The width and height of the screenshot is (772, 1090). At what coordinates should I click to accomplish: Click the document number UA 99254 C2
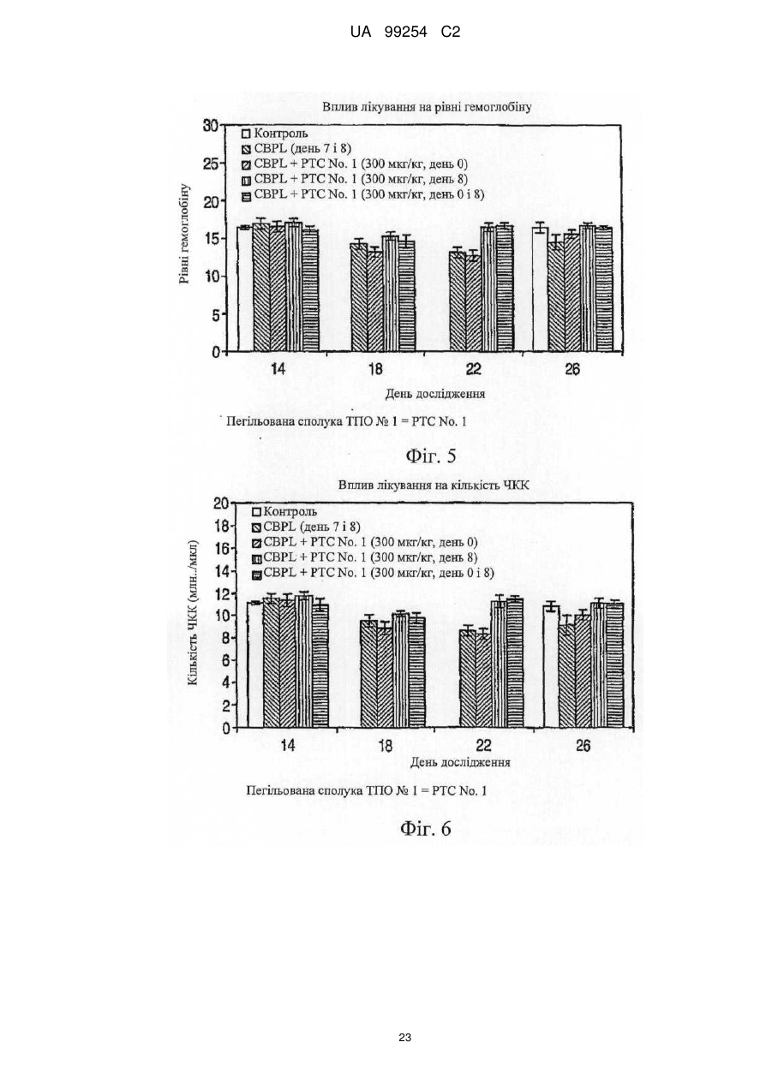(405, 33)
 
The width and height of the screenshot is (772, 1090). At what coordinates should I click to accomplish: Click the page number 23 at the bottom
(404, 1038)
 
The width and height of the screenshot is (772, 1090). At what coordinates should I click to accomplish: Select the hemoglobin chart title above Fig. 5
(427, 107)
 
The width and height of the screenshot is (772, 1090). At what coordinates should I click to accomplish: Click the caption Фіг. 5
(431, 456)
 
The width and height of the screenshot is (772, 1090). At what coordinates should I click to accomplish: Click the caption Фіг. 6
(426, 829)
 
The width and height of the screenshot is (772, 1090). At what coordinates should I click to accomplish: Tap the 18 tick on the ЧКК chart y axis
(222, 526)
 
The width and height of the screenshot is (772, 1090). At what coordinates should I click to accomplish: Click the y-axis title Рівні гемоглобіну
(184, 234)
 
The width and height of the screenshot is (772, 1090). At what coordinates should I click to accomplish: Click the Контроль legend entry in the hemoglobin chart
(275, 133)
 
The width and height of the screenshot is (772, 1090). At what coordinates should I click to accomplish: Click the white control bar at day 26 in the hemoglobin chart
(540, 289)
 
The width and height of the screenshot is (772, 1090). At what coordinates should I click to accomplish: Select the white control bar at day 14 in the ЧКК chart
(254, 665)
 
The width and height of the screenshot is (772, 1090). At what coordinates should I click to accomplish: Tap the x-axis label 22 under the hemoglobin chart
(473, 369)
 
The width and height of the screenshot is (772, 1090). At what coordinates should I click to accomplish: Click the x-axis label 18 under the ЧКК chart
(385, 746)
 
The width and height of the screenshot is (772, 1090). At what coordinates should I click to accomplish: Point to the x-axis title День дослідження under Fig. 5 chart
(435, 394)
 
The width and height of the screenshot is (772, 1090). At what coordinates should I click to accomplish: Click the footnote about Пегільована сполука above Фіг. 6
(366, 790)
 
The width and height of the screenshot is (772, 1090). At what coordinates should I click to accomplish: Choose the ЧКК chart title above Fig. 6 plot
(434, 485)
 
